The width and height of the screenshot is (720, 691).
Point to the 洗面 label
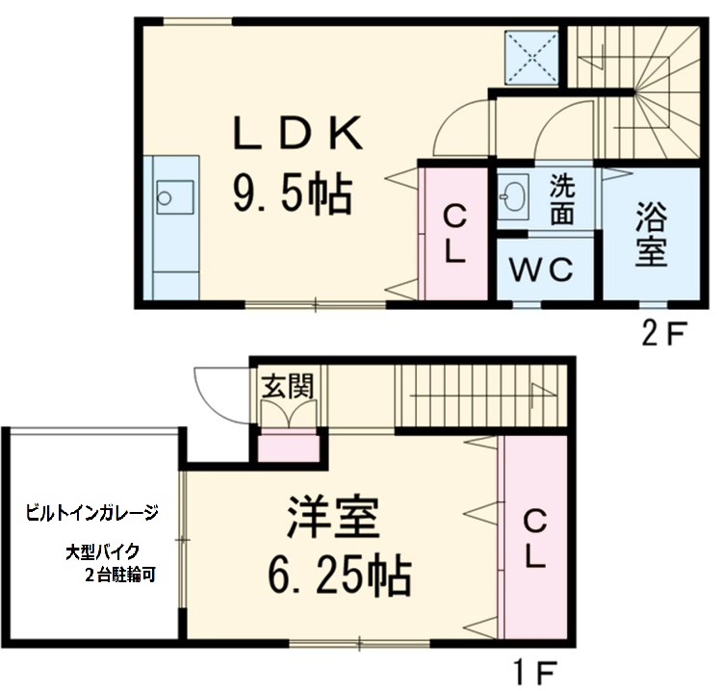coord(563,199)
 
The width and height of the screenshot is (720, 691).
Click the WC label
coord(542,269)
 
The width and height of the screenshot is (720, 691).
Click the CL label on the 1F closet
coord(534,538)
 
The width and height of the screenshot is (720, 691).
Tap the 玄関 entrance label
coord(287,386)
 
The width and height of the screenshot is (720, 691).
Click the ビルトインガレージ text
coord(91,514)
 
